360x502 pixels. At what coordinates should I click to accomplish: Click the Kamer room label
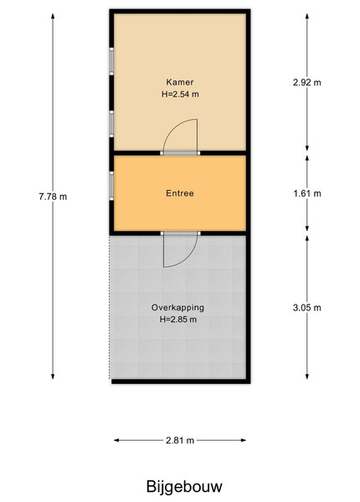coord(180,82)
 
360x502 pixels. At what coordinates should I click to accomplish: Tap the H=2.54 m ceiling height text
coord(180,94)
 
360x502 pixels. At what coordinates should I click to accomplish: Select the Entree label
coord(180,193)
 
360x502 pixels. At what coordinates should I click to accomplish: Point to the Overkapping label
coord(177,308)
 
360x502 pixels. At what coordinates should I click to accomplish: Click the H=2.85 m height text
coord(178,320)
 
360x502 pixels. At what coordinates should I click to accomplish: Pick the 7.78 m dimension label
coord(53,197)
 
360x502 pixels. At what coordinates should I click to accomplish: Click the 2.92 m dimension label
coord(306,83)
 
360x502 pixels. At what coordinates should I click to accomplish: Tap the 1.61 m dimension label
coord(307,194)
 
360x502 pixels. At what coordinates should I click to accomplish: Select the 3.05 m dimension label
coord(306,308)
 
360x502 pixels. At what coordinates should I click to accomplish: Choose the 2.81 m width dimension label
coord(180,441)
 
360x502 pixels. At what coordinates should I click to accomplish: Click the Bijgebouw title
coord(184,487)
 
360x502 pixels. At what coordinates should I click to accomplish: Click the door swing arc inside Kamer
coord(174,128)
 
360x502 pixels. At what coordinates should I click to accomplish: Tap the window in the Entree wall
coord(111,186)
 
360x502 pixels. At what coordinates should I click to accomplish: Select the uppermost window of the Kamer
coord(111,61)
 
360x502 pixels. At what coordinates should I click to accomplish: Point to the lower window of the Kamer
coord(111,124)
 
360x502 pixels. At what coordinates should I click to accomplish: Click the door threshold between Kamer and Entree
coord(180,153)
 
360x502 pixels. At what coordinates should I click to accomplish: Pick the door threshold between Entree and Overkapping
coord(180,233)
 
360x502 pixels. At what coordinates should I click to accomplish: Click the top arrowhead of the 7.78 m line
coord(53,16)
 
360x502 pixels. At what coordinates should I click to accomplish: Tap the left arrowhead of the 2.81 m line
coord(116,441)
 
